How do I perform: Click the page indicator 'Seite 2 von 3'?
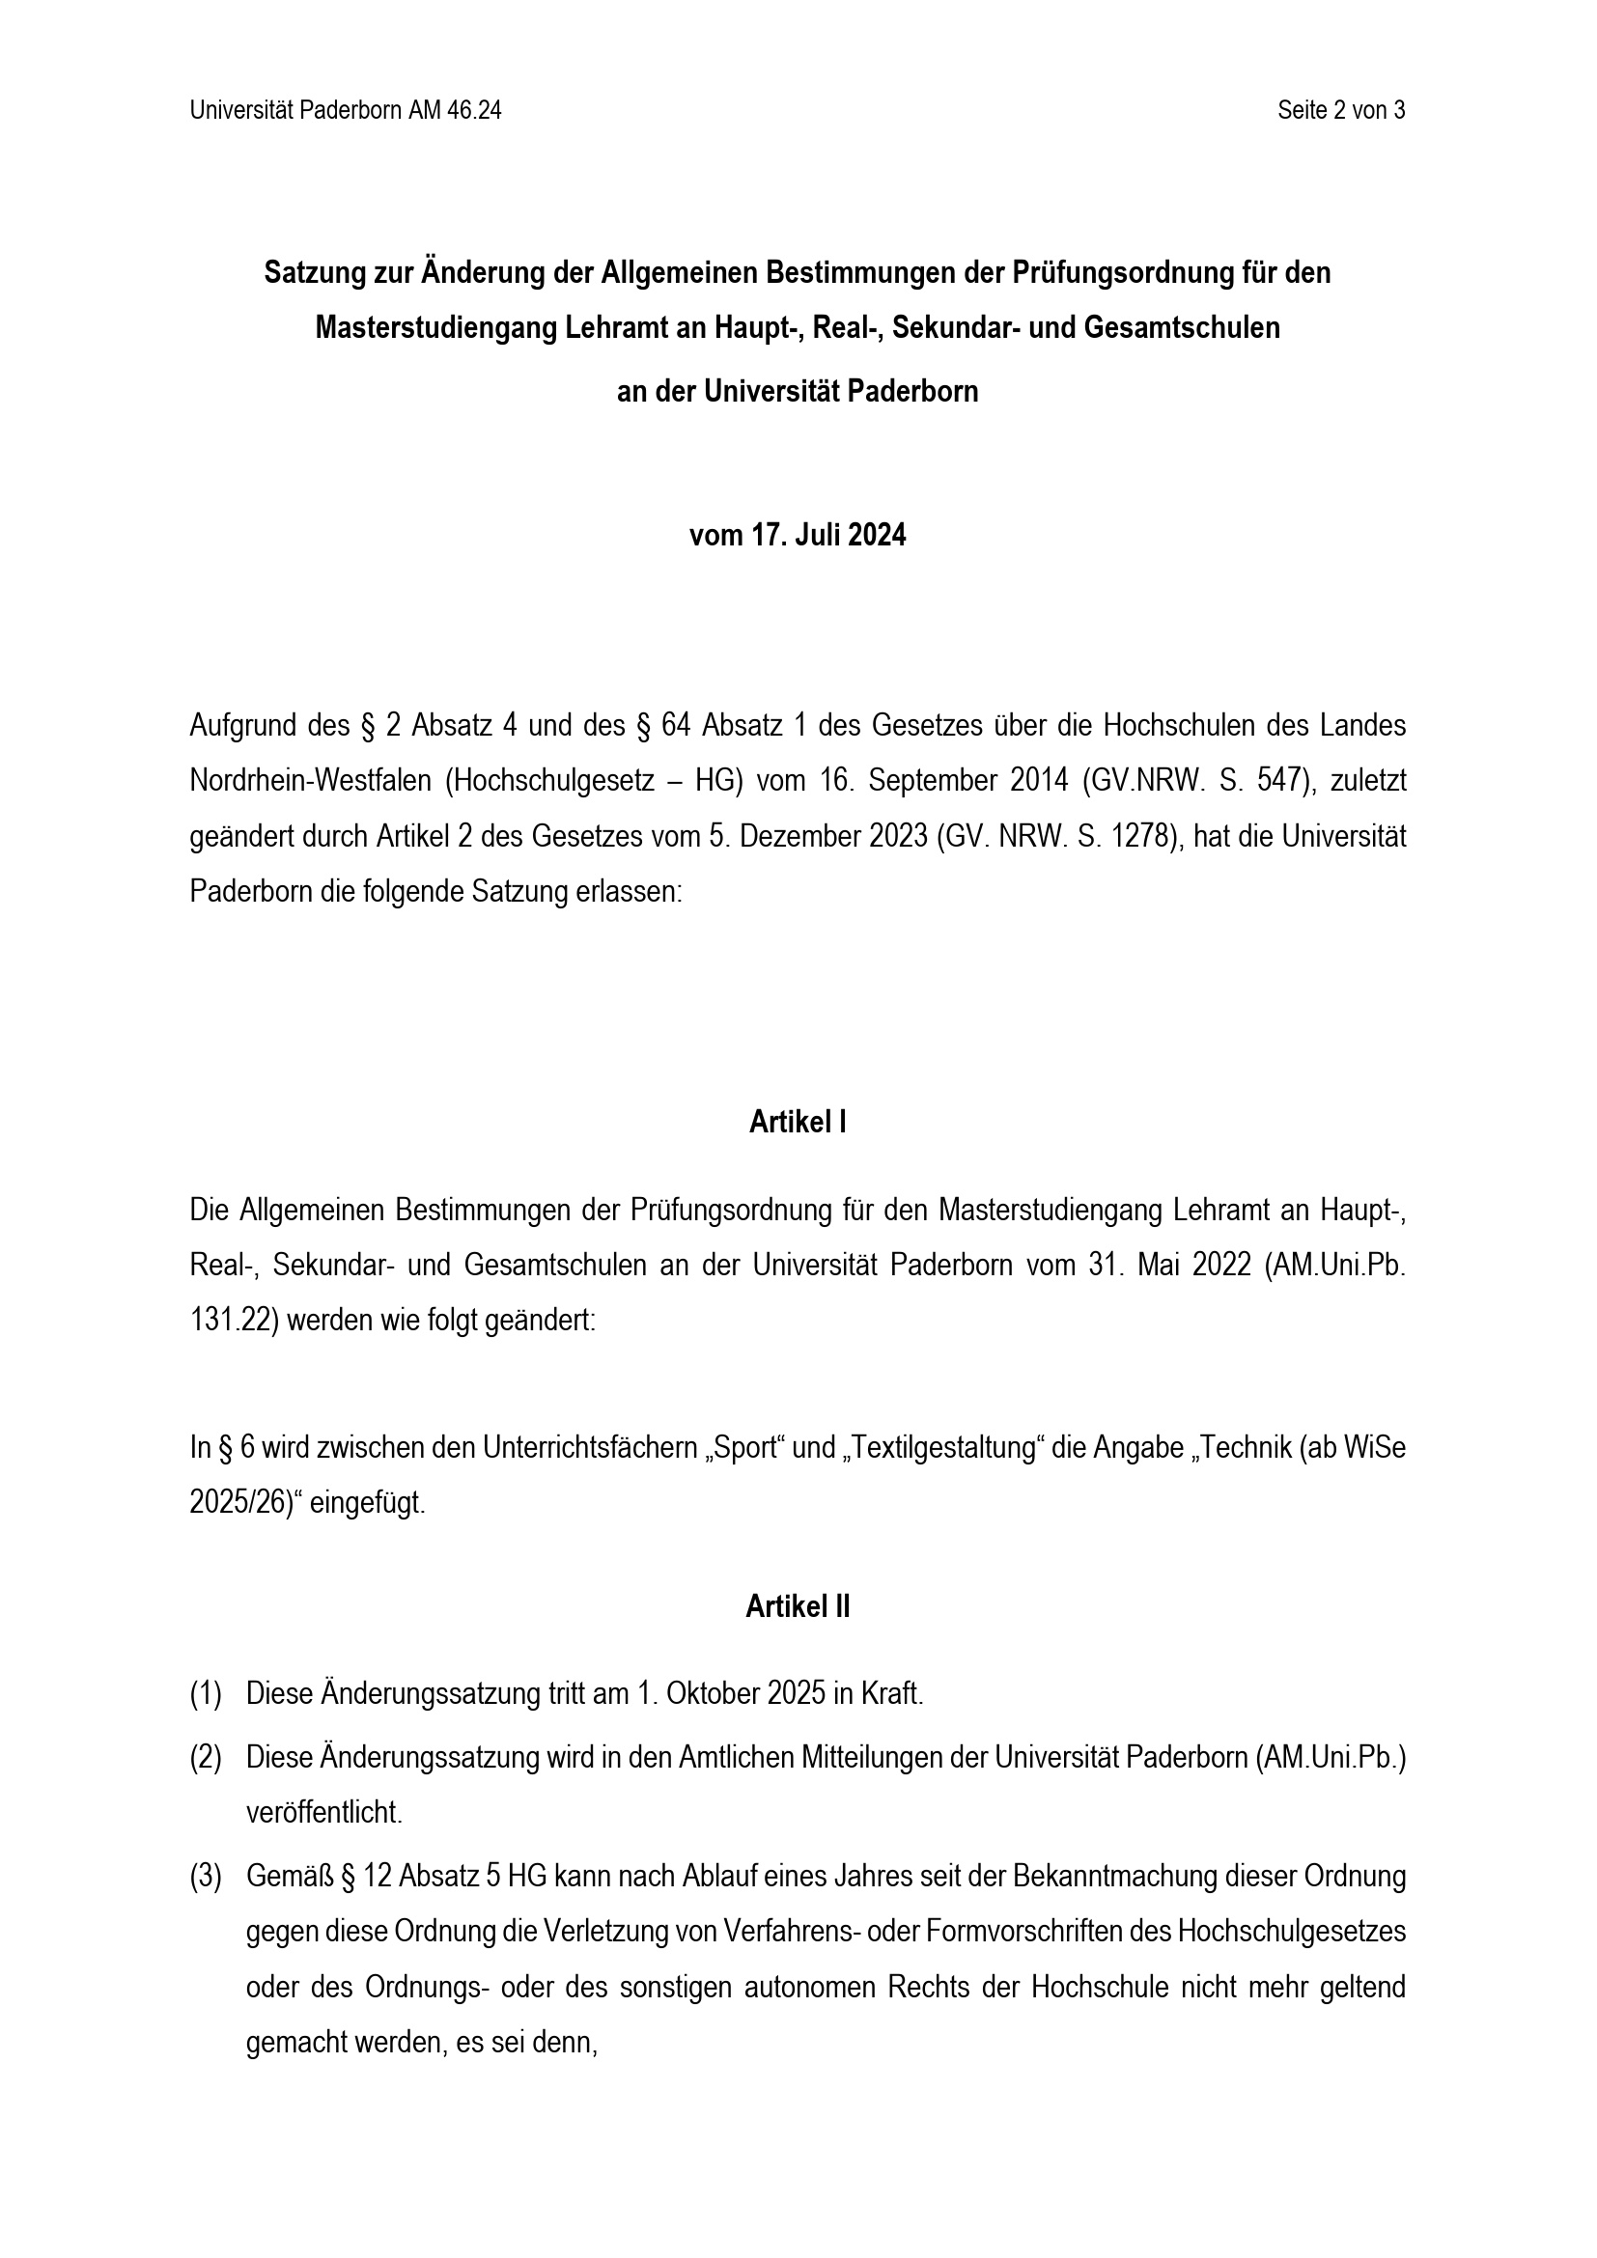click(x=1340, y=111)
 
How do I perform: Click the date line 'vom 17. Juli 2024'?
click(x=798, y=536)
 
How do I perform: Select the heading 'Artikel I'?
click(x=798, y=1122)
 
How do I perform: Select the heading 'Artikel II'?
click(x=798, y=1607)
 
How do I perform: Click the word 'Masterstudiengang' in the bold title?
click(x=436, y=327)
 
